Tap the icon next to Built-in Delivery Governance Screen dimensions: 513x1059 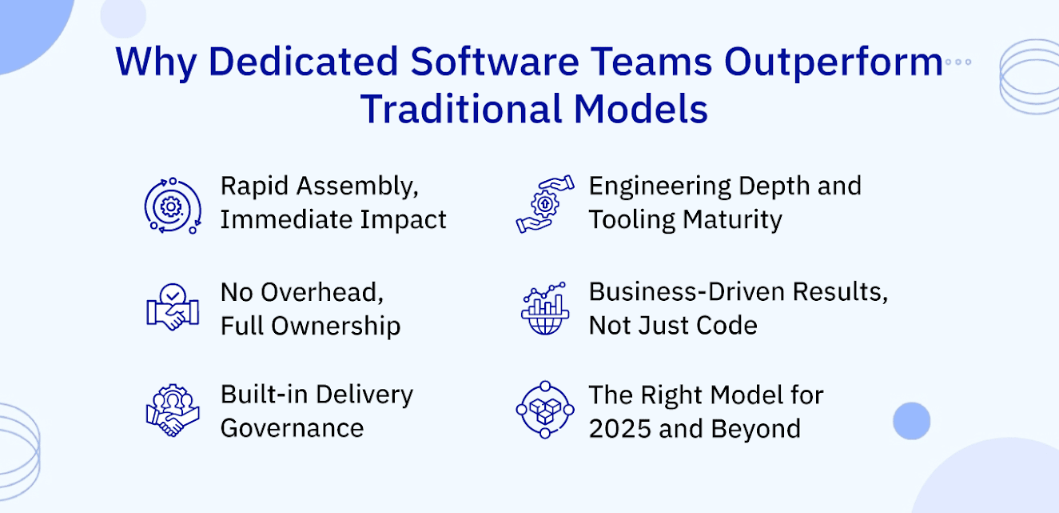coord(172,411)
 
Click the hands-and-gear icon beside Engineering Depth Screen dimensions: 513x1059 coord(544,205)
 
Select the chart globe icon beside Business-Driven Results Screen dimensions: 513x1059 coord(544,308)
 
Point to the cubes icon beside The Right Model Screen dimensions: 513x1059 coord(544,410)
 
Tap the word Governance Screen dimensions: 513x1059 coord(292,428)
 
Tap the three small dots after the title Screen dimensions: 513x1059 coord(957,62)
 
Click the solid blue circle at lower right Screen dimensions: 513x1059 coord(911,420)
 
